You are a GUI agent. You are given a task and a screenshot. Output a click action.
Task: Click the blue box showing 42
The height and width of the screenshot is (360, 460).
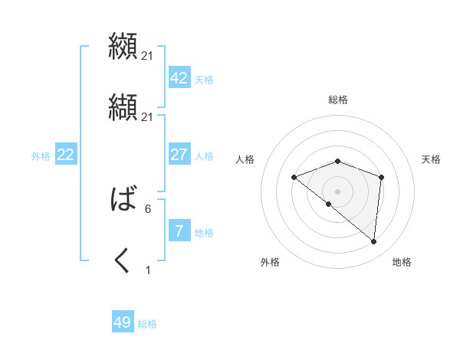(179, 78)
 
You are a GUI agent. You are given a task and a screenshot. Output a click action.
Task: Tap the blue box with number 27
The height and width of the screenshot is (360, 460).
(179, 155)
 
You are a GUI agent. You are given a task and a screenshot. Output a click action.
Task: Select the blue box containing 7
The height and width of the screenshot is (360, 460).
(179, 231)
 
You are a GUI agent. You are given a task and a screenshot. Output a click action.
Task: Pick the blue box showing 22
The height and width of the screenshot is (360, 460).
(65, 155)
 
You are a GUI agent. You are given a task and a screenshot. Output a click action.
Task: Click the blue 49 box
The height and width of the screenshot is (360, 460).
(123, 322)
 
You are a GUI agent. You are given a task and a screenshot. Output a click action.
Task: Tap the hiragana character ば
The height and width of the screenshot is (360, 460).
(123, 200)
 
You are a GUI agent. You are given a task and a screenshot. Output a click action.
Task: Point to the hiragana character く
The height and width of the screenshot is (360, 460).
(123, 261)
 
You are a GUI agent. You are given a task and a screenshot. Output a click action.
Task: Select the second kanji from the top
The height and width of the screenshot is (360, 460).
(123, 107)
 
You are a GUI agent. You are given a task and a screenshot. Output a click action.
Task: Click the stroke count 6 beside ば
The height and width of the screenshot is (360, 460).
(148, 208)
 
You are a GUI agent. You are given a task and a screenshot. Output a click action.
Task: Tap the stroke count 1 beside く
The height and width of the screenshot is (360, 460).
(148, 270)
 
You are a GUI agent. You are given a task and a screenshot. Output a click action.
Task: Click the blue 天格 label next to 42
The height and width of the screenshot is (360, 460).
(204, 80)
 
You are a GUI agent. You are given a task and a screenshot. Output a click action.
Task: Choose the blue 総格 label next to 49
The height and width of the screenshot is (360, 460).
(147, 324)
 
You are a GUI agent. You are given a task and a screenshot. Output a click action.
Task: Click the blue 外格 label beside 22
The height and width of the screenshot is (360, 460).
(41, 156)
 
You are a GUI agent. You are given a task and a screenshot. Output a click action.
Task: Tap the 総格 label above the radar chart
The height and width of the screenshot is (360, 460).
(337, 100)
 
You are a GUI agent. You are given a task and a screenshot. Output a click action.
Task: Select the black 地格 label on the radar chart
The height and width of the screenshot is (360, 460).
(402, 262)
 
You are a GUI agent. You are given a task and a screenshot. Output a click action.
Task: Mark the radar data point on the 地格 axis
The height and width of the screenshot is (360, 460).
(373, 242)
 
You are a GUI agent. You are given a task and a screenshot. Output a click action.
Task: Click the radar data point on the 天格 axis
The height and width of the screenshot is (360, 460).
(381, 177)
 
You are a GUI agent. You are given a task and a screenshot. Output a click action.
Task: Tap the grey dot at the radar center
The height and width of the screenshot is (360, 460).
(337, 191)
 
